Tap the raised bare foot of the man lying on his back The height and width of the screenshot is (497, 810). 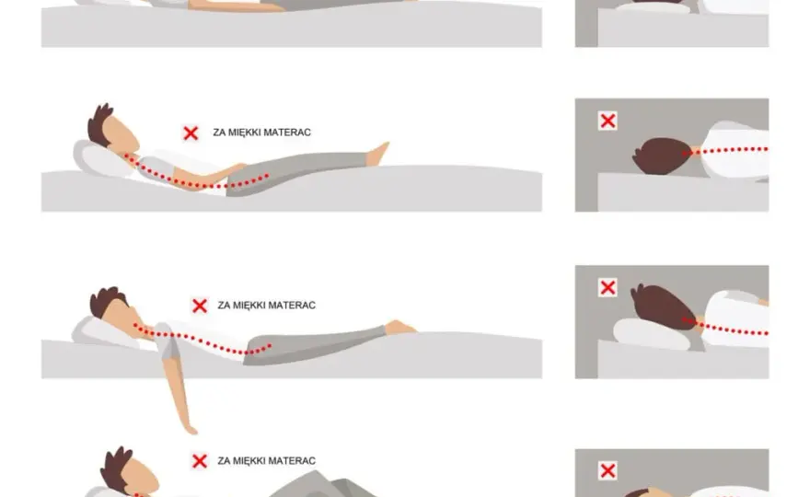(378, 154)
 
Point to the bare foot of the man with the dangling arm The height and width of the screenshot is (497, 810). (401, 328)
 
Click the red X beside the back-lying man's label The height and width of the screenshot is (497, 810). (191, 133)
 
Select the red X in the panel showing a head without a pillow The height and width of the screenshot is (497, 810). (607, 121)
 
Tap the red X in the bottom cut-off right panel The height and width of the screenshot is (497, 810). (607, 470)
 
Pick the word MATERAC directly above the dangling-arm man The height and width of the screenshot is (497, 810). (294, 306)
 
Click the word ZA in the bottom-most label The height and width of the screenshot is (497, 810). (223, 461)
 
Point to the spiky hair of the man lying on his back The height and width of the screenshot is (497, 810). (99, 124)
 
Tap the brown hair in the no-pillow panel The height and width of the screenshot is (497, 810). (661, 155)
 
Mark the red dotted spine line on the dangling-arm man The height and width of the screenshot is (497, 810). (205, 341)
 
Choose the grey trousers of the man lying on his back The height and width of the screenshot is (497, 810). (295, 170)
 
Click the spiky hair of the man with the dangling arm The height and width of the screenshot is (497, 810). (105, 300)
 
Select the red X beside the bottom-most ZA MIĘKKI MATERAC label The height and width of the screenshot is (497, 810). (200, 461)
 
